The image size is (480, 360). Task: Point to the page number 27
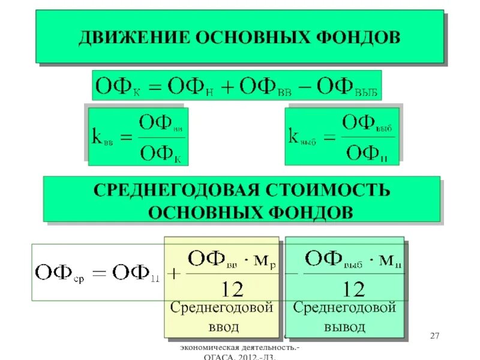(436, 335)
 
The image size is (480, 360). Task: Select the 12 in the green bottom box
(352, 290)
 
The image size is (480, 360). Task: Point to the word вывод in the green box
(345, 327)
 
